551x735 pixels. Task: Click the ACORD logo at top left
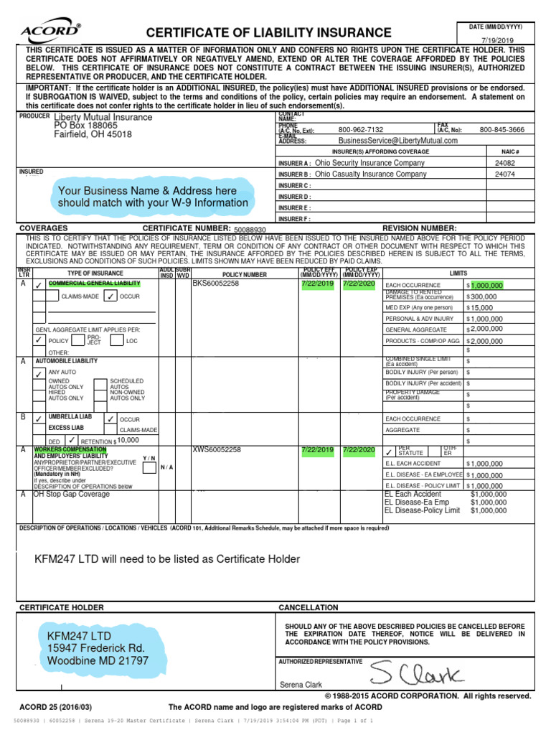[51, 32]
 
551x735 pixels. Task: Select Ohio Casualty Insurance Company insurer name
[371, 174]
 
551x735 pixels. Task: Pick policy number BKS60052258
[216, 284]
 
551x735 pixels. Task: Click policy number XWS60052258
[216, 450]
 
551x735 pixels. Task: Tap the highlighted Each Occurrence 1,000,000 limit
[487, 285]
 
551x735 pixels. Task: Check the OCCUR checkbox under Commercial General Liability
[110, 296]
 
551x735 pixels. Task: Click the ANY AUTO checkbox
[39, 373]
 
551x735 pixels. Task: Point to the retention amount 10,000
[128, 440]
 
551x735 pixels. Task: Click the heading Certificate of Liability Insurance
[269, 33]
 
